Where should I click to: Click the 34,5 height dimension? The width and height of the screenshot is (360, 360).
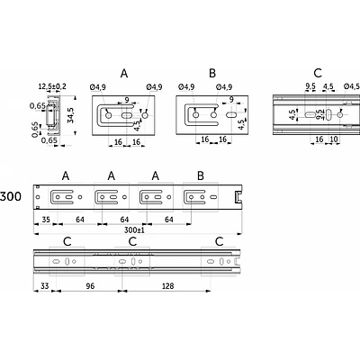point(71,115)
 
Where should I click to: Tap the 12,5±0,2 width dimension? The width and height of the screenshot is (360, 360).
point(52,87)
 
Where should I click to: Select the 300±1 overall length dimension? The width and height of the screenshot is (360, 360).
point(134,229)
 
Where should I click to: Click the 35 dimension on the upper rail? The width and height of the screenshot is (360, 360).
point(46,220)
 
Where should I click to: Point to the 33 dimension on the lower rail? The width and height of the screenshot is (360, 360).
point(44,286)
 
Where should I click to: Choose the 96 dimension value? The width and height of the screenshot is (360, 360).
point(90,286)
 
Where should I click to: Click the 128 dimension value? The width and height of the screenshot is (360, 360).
point(167,286)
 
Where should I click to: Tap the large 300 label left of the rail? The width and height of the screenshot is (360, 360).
point(11,196)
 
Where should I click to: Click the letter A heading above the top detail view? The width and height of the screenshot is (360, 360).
point(124,73)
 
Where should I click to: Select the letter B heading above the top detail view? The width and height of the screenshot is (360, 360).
point(212,73)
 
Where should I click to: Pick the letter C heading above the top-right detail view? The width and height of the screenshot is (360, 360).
point(318,73)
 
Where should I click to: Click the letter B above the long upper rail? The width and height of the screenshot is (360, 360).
point(201,175)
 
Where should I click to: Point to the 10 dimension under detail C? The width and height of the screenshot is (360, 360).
point(334,139)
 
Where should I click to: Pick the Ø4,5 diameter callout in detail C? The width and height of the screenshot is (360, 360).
point(352,86)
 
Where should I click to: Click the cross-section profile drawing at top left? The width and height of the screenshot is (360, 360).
point(53,115)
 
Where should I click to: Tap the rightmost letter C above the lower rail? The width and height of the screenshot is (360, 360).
point(220,241)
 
